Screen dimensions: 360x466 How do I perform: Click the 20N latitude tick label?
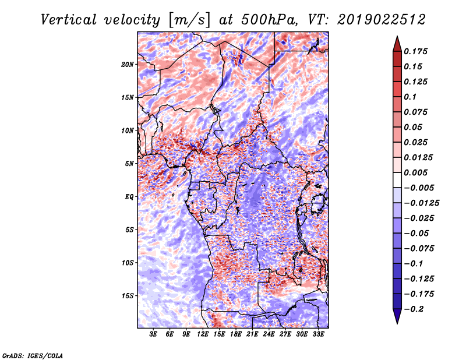(128, 64)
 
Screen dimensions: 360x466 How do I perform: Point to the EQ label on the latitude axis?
(129, 197)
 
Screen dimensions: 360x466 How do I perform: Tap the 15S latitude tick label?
(128, 296)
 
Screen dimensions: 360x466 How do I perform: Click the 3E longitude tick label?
(154, 334)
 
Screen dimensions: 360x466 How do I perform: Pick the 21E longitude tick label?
(253, 334)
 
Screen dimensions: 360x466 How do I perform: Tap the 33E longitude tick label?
(319, 334)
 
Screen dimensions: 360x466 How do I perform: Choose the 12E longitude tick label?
(203, 334)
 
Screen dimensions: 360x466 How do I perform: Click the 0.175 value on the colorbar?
(416, 52)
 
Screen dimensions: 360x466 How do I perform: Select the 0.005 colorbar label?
(416, 173)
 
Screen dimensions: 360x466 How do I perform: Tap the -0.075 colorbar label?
(419, 248)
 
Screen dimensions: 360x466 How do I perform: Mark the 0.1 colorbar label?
(411, 97)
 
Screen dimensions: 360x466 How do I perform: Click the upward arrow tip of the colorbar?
(397, 38)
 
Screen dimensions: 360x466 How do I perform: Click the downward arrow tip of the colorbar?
(397, 322)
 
